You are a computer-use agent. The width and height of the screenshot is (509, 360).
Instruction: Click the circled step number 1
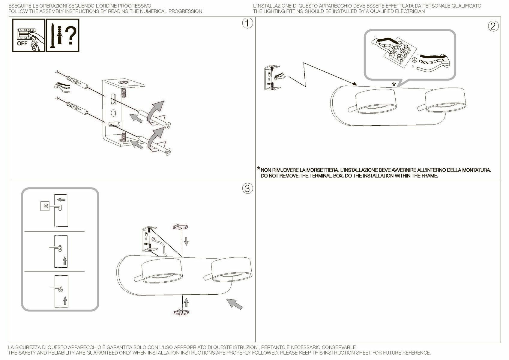pyautogui.click(x=247, y=23)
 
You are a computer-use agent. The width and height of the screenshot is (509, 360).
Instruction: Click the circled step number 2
pyautogui.click(x=493, y=26)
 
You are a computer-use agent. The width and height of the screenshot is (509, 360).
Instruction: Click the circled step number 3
pyautogui.click(x=247, y=188)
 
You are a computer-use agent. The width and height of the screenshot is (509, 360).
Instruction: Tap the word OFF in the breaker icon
pyautogui.click(x=22, y=43)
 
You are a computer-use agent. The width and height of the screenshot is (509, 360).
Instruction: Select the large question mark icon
pyautogui.click(x=71, y=35)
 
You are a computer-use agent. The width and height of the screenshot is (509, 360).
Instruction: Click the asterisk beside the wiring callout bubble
pyautogui.click(x=394, y=85)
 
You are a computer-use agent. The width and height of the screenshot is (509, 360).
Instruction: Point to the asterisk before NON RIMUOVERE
pyautogui.click(x=258, y=169)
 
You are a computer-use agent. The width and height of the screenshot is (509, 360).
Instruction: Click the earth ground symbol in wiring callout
pyautogui.click(x=415, y=60)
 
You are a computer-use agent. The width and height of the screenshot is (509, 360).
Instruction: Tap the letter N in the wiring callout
pyautogui.click(x=413, y=67)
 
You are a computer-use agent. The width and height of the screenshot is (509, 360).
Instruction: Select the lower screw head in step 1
pyautogui.click(x=168, y=152)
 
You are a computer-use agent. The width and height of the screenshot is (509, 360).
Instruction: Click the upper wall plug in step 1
pyautogui.click(x=77, y=82)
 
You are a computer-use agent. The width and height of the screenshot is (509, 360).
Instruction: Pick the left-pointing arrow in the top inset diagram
pyautogui.click(x=61, y=199)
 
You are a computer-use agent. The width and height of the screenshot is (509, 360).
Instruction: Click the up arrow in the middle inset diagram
pyautogui.click(x=64, y=261)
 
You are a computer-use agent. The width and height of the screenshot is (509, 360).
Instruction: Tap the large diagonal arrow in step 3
pyautogui.click(x=235, y=304)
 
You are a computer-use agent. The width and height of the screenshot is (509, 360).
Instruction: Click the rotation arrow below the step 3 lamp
pyautogui.click(x=181, y=312)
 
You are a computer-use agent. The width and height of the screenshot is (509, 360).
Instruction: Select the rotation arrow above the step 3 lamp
pyautogui.click(x=180, y=227)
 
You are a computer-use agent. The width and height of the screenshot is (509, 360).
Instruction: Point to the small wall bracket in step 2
pyautogui.click(x=272, y=78)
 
